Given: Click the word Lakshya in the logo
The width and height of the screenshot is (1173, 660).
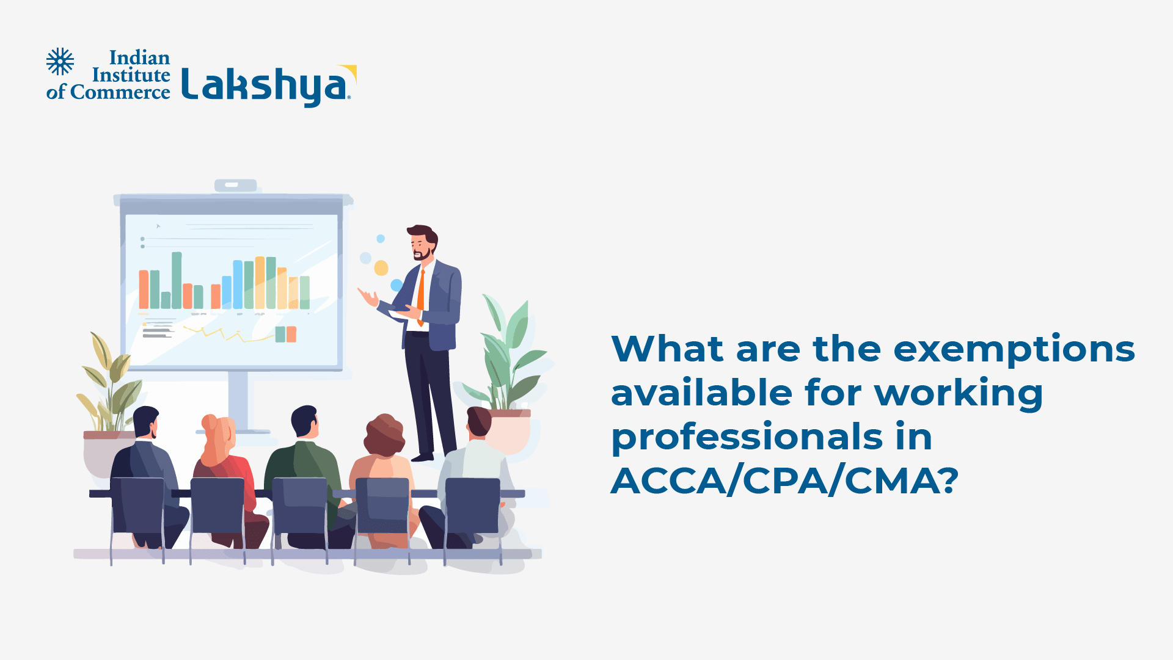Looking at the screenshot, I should coord(266,85).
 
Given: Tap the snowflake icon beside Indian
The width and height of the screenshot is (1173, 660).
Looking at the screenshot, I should coord(60,61).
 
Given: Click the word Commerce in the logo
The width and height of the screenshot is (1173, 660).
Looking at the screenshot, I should coord(120,92).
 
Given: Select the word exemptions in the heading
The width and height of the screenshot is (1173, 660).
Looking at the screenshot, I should coord(1014,349).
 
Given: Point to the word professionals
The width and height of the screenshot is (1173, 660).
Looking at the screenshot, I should coord(747,437).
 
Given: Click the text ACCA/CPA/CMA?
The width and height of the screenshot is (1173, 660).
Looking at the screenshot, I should coord(784,481).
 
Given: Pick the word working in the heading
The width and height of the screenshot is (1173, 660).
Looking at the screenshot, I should coord(959,393).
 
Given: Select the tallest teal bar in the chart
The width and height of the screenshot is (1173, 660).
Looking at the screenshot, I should coord(177,280).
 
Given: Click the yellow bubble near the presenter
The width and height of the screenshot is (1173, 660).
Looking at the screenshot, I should coord(381,268).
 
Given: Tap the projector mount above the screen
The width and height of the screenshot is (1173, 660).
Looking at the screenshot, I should coord(235,185).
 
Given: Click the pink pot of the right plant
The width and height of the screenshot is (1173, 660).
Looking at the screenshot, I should coord(511,430).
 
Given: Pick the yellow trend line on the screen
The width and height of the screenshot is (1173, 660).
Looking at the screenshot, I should coord(226,334).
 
